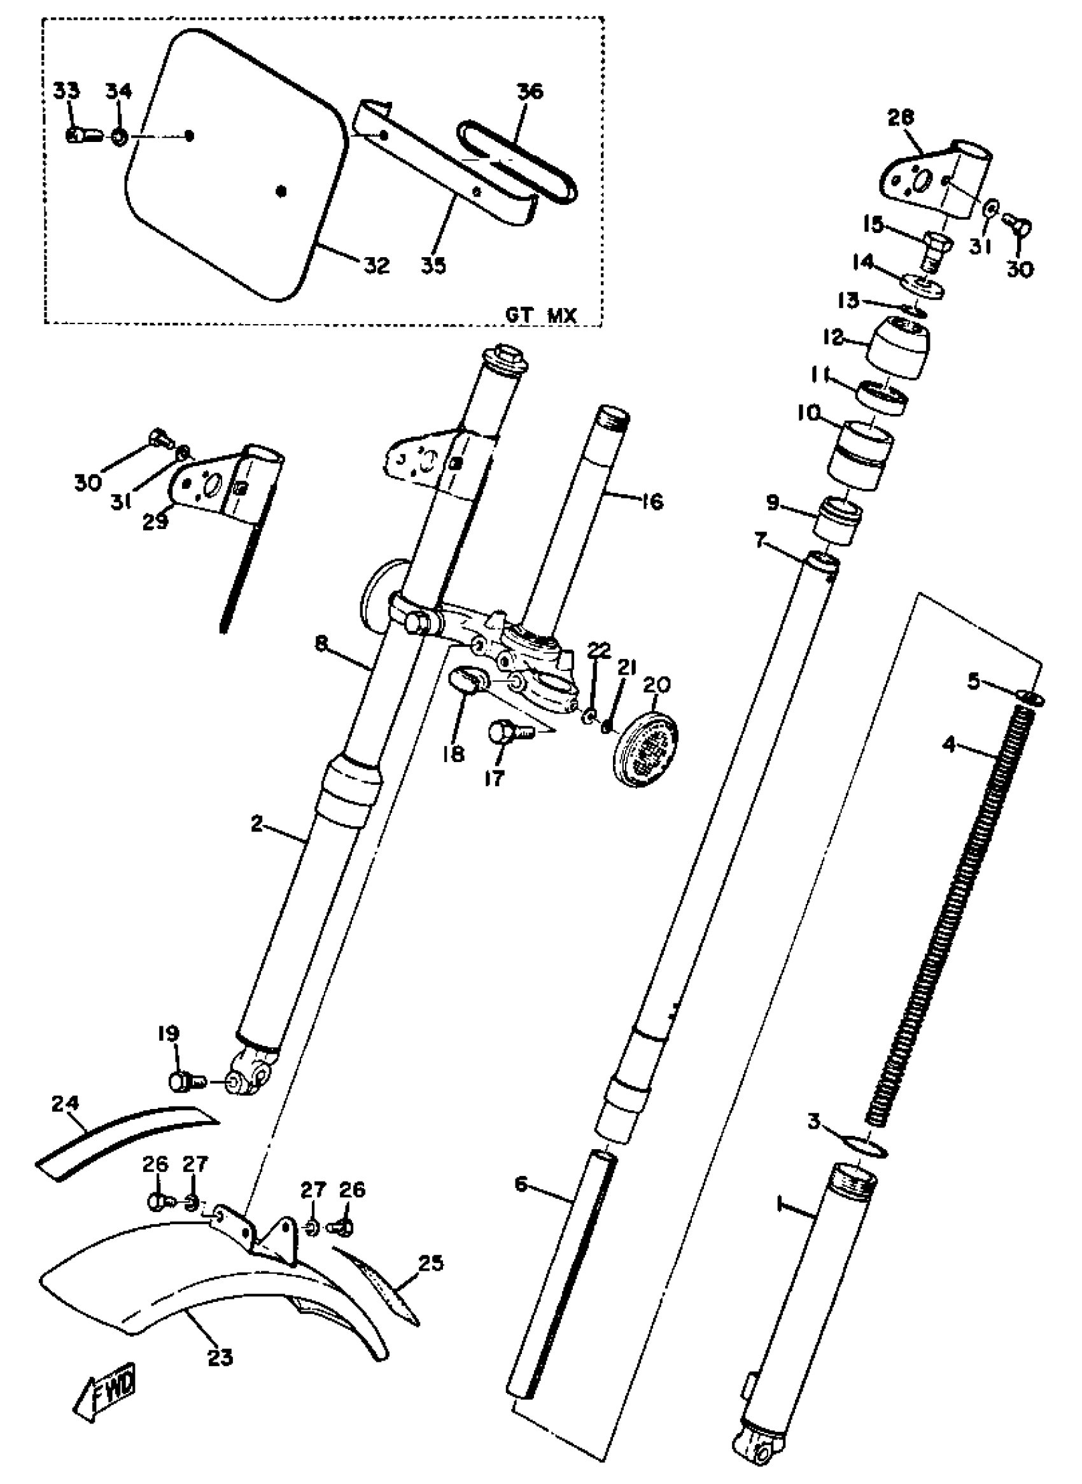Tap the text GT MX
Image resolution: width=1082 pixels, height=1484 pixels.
(540, 316)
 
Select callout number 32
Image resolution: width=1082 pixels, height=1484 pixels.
(377, 265)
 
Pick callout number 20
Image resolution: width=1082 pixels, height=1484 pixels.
(657, 685)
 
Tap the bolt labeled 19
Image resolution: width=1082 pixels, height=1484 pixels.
(181, 1081)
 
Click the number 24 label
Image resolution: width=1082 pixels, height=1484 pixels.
(66, 1103)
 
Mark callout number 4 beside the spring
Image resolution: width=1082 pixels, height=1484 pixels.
(950, 745)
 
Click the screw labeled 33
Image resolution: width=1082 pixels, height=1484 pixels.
(77, 136)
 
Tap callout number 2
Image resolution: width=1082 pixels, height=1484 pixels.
(257, 824)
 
